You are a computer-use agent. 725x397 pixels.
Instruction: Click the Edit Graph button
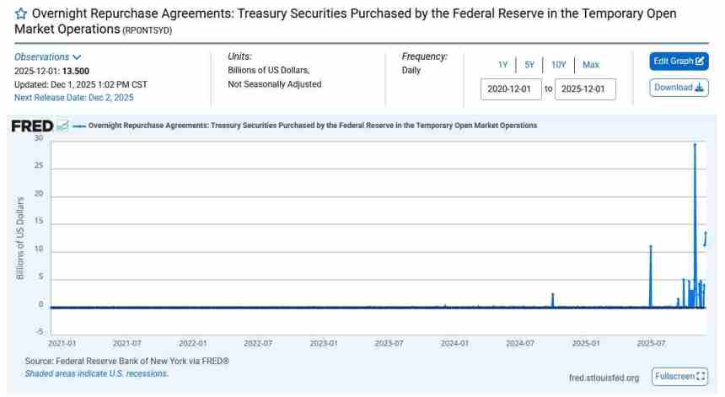pyautogui.click(x=679, y=62)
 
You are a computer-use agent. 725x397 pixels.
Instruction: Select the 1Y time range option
pyautogui.click(x=502, y=65)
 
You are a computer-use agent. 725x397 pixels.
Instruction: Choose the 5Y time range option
pyautogui.click(x=529, y=65)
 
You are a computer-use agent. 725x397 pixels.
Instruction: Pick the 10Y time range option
pyautogui.click(x=558, y=65)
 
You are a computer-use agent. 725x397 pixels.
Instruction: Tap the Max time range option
pyautogui.click(x=590, y=65)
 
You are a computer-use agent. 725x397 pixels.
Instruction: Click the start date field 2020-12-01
pyautogui.click(x=511, y=89)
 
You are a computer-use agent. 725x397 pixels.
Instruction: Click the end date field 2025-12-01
pyautogui.click(x=585, y=89)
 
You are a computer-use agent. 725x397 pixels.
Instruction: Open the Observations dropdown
pyautogui.click(x=48, y=57)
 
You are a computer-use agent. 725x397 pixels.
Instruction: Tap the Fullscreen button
pyautogui.click(x=679, y=376)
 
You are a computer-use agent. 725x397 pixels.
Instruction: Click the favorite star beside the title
pyautogui.click(x=21, y=15)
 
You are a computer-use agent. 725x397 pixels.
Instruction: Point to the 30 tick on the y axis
pyautogui.click(x=38, y=138)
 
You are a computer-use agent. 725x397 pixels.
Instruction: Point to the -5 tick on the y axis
pyautogui.click(x=39, y=332)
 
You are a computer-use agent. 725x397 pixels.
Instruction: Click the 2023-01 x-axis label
pyautogui.click(x=324, y=344)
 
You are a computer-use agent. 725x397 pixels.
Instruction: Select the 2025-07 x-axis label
pyautogui.click(x=652, y=344)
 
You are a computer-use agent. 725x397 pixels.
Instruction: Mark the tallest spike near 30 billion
pyautogui.click(x=695, y=145)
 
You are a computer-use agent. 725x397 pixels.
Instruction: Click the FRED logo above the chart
pyautogui.click(x=32, y=126)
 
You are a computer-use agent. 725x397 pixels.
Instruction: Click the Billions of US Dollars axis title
pyautogui.click(x=19, y=239)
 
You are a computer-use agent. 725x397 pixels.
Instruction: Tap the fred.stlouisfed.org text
pyautogui.click(x=604, y=378)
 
